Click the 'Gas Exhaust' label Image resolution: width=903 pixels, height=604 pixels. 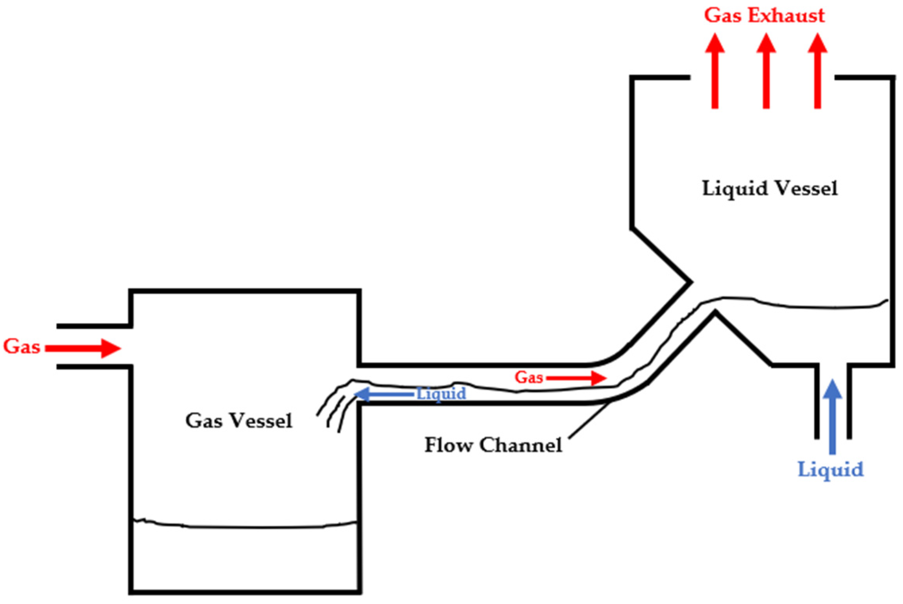tap(764, 16)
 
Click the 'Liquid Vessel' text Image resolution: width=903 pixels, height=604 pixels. tap(769, 189)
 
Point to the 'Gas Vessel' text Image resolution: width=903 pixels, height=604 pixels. tap(238, 421)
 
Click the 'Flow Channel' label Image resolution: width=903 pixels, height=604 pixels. tap(493, 445)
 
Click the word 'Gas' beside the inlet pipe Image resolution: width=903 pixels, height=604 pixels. tap(22, 347)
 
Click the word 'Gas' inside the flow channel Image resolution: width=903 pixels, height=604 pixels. tap(529, 378)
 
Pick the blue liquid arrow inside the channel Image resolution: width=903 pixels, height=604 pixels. tap(383, 394)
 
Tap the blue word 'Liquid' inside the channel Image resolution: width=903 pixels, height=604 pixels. tap(441, 394)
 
